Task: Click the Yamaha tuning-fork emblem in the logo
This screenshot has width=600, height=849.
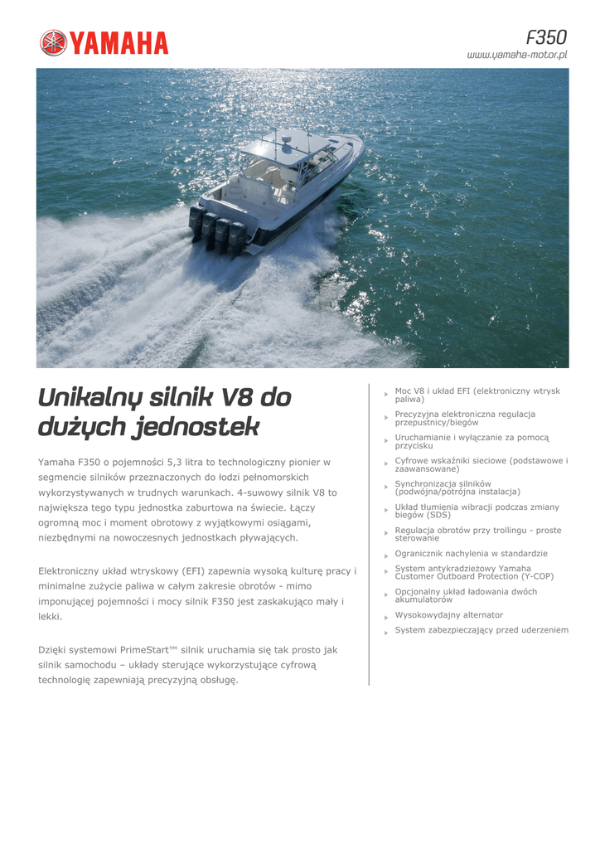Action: [x=53, y=43]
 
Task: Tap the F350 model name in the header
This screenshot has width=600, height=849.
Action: [x=546, y=37]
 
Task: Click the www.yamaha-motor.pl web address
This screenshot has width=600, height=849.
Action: [x=517, y=55]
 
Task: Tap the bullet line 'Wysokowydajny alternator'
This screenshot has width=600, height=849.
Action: [x=448, y=615]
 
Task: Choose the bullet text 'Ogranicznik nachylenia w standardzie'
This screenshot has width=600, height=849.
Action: [x=471, y=553]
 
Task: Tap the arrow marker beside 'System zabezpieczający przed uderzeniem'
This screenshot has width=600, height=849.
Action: [x=386, y=633]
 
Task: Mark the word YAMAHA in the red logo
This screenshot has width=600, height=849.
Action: [x=119, y=43]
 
